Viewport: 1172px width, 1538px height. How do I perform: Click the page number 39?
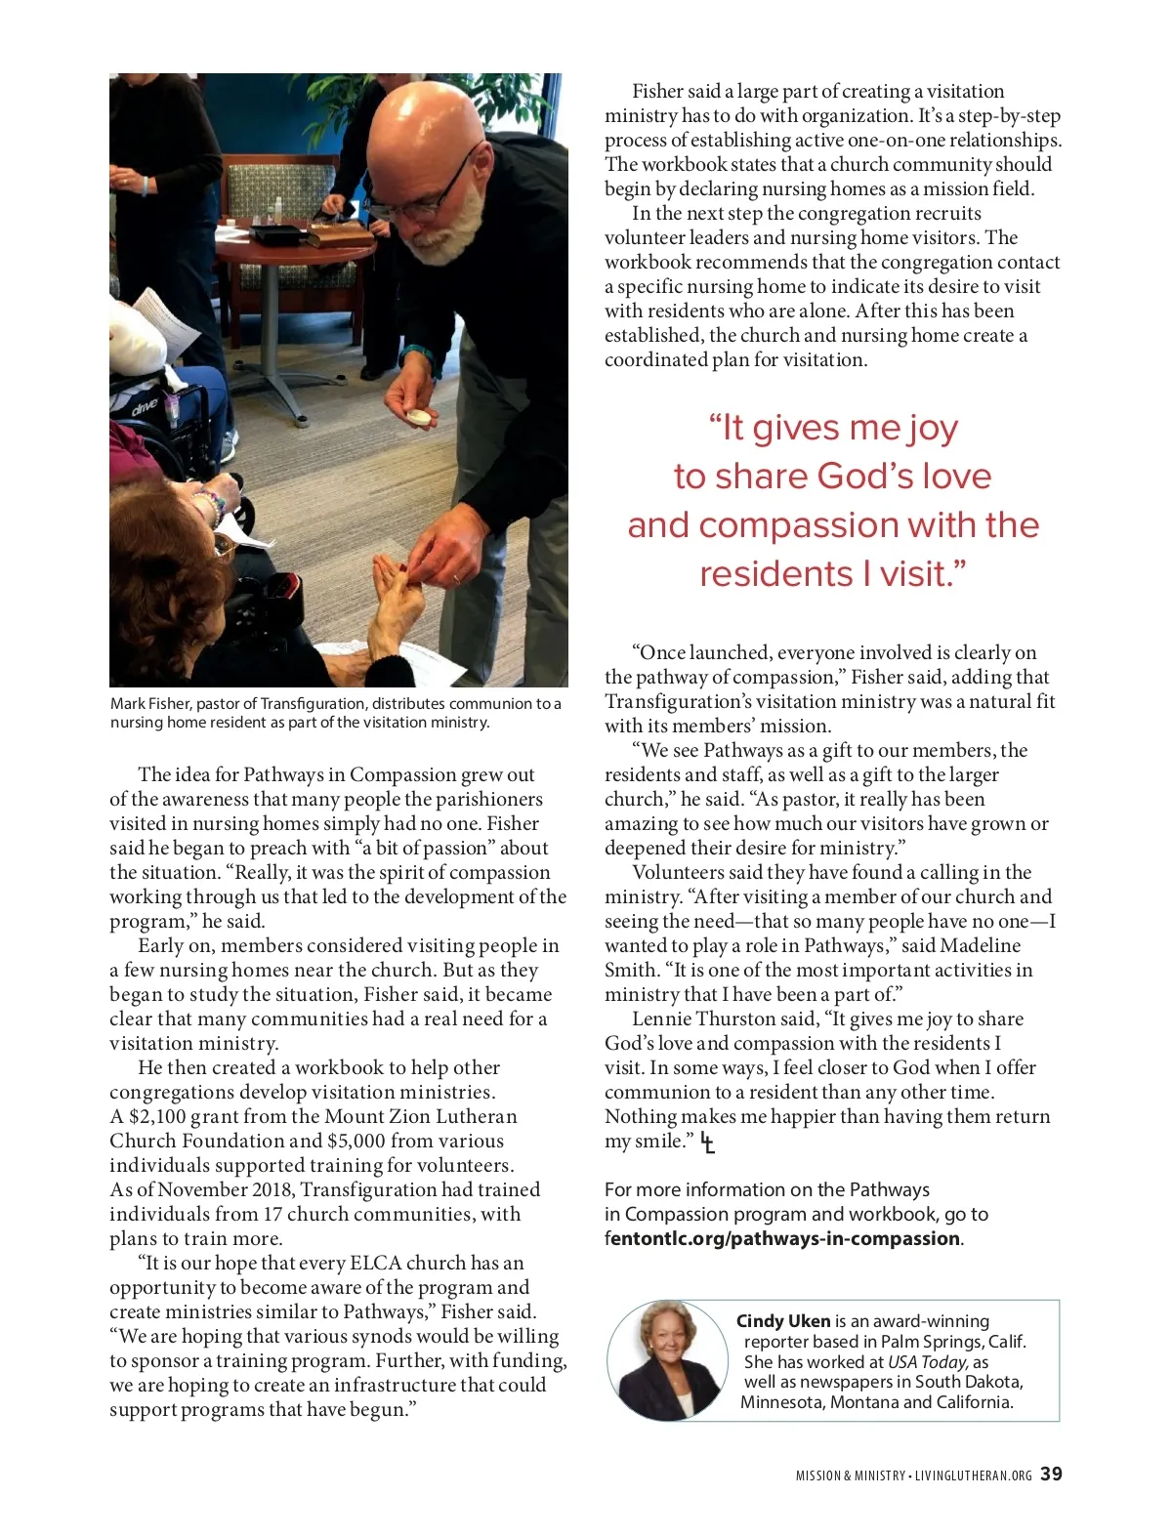1051,1475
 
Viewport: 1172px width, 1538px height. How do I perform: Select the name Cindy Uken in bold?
783,1321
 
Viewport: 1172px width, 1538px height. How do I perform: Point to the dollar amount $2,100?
157,1117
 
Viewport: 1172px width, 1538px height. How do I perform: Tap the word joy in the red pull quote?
932,428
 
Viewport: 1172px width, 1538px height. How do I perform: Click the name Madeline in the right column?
982,946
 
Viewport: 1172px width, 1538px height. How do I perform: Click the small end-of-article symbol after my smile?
708,1143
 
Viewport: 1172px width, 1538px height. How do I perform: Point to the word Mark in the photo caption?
127,704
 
